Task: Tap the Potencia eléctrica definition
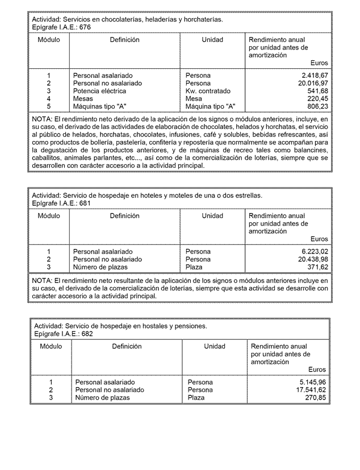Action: click(99, 91)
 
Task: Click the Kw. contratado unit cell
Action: click(208, 91)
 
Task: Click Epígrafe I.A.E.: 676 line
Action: click(61, 27)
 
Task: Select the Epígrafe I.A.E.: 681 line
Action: click(61, 203)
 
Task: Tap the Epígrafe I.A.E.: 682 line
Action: click(64, 334)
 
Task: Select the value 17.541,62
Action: click(311, 390)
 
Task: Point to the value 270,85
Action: click(316, 398)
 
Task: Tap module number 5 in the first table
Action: click(49, 106)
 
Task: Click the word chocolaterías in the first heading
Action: click(118, 19)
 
